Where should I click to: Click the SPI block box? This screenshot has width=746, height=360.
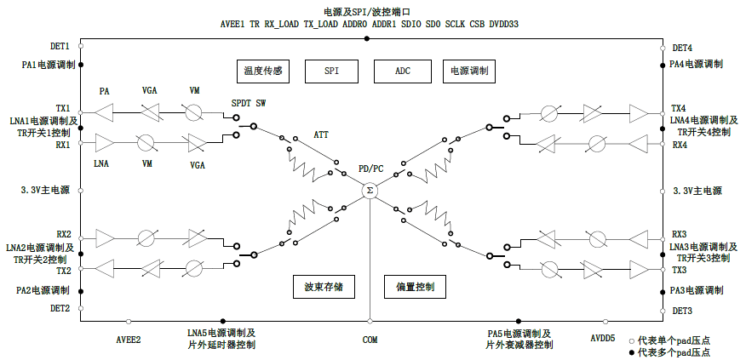coord(331,71)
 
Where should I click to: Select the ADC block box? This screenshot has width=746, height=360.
coord(402,71)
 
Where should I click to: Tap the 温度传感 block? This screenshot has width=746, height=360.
coord(262,71)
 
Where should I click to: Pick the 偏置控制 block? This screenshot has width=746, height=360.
coord(415,287)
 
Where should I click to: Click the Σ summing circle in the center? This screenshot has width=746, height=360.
coord(370,191)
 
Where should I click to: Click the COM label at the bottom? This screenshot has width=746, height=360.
coord(370,340)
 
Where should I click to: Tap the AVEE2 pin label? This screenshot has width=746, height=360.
coord(128,340)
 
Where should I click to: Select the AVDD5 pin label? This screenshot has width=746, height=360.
coord(603,339)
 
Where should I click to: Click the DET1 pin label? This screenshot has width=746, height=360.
coord(60,46)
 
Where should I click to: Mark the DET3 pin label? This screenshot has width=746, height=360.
coord(682,311)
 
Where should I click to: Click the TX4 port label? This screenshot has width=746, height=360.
coord(679,109)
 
